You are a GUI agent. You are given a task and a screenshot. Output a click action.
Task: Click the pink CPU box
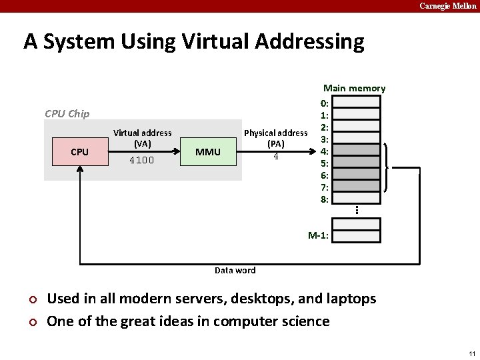(79, 152)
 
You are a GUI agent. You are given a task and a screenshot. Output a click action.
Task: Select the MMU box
(208, 152)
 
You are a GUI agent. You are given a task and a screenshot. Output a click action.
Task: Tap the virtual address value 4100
(142, 160)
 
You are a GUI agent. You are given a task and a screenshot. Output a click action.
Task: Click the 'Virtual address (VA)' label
(142, 138)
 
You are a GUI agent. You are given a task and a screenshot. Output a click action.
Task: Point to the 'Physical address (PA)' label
(276, 138)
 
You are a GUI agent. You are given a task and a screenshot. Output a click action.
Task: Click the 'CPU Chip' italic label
(67, 113)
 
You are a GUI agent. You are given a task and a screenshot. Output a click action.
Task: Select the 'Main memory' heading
(354, 88)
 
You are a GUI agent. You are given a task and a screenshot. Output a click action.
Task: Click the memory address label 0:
(324, 103)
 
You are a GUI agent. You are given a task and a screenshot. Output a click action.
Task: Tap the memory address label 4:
(324, 151)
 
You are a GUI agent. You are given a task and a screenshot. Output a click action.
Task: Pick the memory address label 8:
(324, 199)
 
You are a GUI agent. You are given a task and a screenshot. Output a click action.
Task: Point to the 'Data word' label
(235, 270)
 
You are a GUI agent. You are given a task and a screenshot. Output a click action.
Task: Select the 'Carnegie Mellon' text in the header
(447, 6)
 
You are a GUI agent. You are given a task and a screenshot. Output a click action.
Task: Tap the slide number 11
(471, 353)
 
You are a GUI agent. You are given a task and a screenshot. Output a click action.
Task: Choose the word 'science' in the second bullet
(303, 321)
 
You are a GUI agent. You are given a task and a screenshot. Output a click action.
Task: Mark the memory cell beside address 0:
(356, 102)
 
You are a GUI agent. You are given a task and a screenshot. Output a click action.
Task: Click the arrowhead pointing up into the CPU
(80, 168)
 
